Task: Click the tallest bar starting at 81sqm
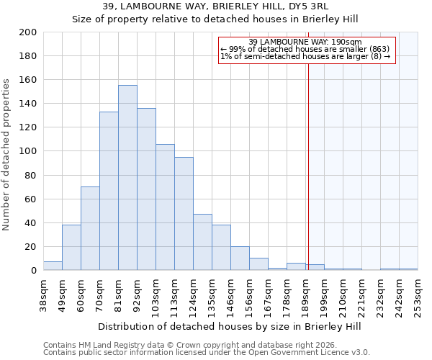pos(127,178)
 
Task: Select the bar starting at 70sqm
pos(109,191)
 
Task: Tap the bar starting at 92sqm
pos(146,189)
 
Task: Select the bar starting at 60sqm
pos(90,228)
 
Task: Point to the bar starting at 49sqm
pos(71,247)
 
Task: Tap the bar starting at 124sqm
pos(202,242)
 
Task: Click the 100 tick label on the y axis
pos(27,151)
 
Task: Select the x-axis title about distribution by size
pos(230,326)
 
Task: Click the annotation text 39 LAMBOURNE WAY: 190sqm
pos(305,42)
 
